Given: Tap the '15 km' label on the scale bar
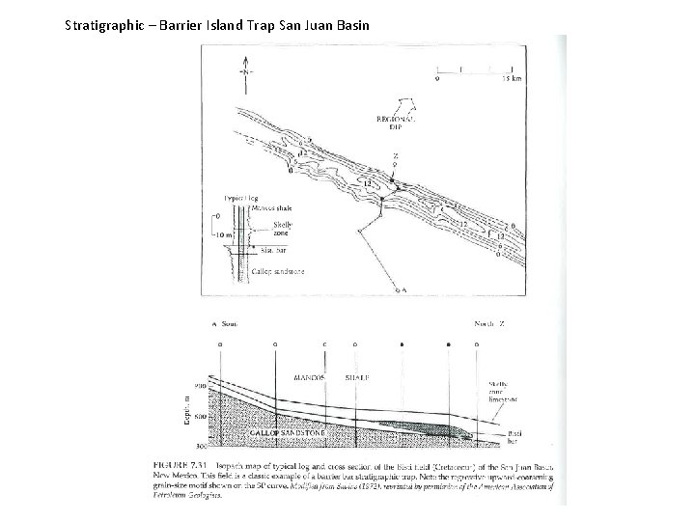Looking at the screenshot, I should (513, 79).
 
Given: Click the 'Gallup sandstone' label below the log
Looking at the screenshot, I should (278, 272).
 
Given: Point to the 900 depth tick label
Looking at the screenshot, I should (199, 388).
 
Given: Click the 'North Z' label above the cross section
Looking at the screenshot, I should (489, 324).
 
